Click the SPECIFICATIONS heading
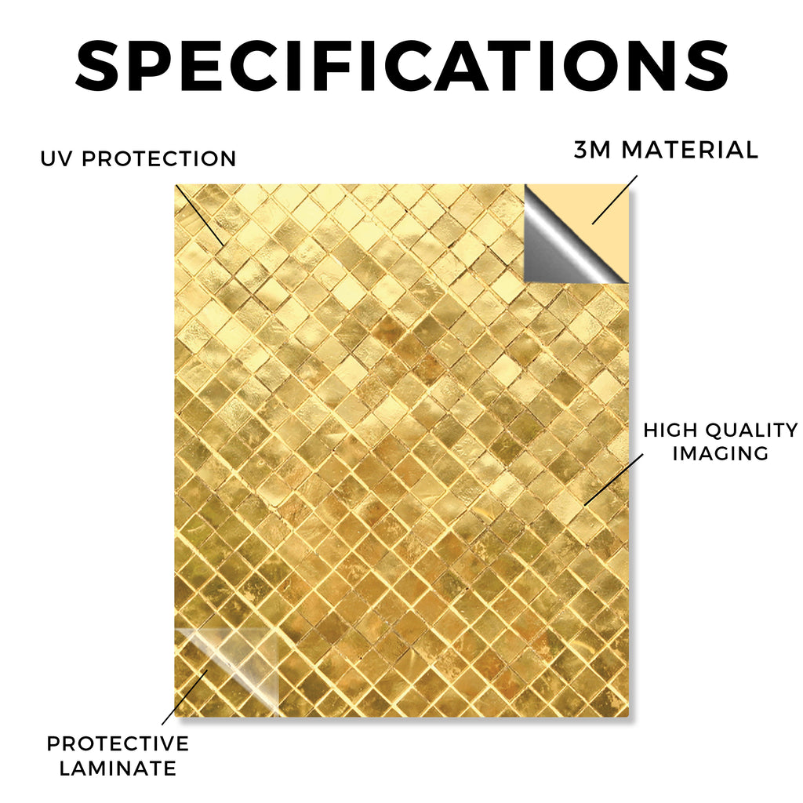(402, 66)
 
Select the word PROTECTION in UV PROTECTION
(158, 158)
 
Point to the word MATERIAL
(689, 150)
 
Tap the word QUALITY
(752, 431)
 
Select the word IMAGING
(721, 453)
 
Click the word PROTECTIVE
(118, 743)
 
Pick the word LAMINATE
(118, 768)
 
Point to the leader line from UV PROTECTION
(199, 215)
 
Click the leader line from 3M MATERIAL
(615, 200)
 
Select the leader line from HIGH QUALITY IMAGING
(613, 479)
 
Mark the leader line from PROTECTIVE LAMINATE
(185, 697)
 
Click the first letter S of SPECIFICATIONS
(97, 66)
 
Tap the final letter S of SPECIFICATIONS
(706, 66)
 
